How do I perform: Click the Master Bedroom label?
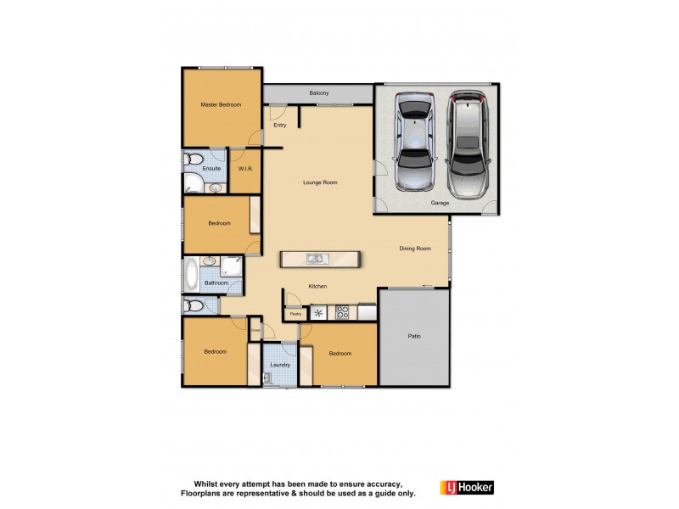pyautogui.click(x=221, y=105)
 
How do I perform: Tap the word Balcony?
pyautogui.click(x=319, y=93)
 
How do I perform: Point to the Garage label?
pyautogui.click(x=440, y=204)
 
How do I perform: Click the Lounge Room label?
pyautogui.click(x=321, y=182)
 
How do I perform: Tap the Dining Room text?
pyautogui.click(x=416, y=249)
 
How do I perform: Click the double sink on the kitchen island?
pyautogui.click(x=315, y=260)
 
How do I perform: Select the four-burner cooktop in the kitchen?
pyautogui.click(x=343, y=312)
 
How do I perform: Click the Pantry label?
pyautogui.click(x=295, y=314)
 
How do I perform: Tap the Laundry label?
pyautogui.click(x=280, y=365)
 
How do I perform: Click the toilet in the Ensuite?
pyautogui.click(x=194, y=159)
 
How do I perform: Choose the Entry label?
pyautogui.click(x=280, y=125)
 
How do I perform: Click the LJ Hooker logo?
pyautogui.click(x=467, y=488)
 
